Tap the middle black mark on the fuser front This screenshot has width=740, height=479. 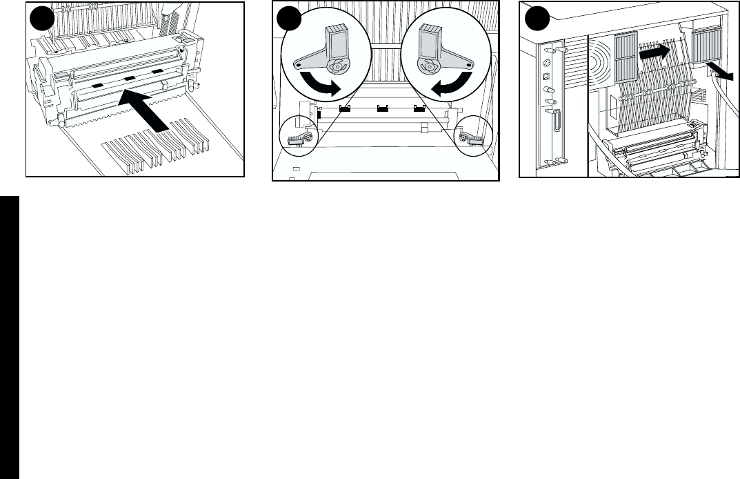pyautogui.click(x=130, y=79)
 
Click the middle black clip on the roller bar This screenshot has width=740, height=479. pyautogui.click(x=379, y=108)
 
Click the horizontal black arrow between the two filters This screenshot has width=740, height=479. pyautogui.click(x=653, y=51)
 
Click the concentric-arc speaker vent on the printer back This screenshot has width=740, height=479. pyautogui.click(x=599, y=63)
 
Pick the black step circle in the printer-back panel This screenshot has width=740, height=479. pyautogui.click(x=534, y=19)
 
